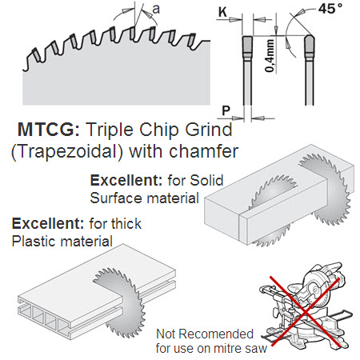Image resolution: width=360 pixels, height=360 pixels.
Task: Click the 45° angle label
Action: (x=330, y=9)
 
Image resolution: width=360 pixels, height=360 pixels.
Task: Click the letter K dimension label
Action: (x=222, y=12)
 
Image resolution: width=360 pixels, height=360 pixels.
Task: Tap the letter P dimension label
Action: (x=226, y=110)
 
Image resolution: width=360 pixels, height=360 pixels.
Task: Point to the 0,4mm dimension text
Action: (x=270, y=56)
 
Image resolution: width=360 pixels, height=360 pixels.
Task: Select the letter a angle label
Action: (x=156, y=10)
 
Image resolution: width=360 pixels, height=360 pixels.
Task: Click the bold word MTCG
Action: (x=49, y=130)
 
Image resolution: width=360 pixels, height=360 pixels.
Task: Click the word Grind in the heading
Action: (x=209, y=130)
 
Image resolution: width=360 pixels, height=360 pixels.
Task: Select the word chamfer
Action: (x=204, y=151)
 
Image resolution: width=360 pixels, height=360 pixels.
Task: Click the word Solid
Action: (x=206, y=180)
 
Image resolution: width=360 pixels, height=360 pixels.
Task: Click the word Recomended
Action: (x=216, y=334)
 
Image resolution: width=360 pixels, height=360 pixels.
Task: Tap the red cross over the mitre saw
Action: (x=306, y=311)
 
